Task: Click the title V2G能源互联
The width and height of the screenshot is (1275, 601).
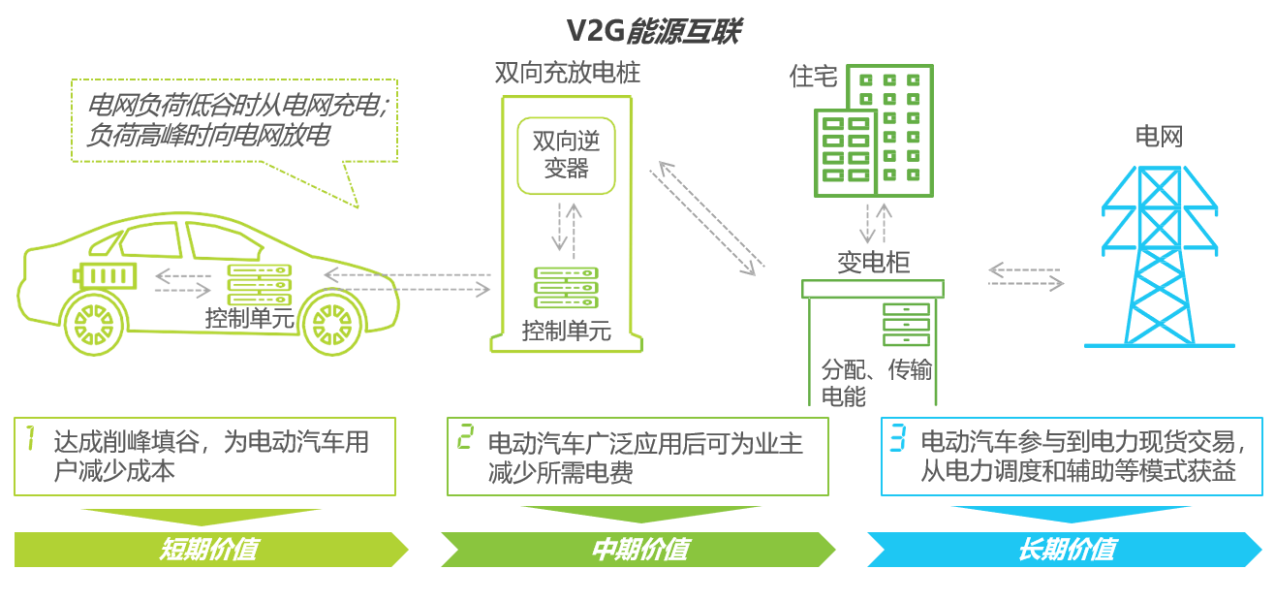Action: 653,32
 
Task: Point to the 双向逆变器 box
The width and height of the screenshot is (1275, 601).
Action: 566,154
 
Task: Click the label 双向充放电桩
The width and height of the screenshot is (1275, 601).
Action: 567,74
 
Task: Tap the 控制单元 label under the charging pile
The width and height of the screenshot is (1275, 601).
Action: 567,332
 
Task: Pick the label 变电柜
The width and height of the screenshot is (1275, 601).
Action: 873,263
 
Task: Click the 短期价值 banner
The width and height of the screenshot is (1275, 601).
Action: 208,550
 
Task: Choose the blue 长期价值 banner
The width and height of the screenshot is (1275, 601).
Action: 1066,550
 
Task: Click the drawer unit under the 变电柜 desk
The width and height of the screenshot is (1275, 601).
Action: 906,324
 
